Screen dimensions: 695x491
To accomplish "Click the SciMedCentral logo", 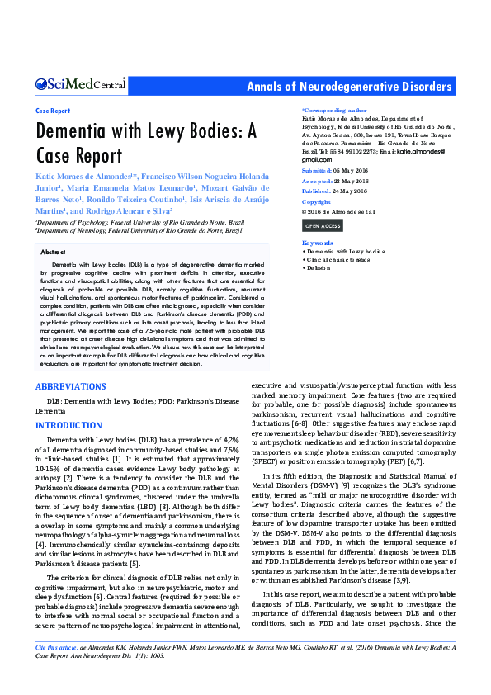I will [x=80, y=84].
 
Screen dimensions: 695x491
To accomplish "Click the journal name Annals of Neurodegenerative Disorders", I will [x=350, y=87].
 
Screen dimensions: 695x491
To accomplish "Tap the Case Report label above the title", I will [x=53, y=110].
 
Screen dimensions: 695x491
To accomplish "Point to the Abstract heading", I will [x=53, y=251].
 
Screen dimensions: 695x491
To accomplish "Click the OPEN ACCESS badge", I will [x=322, y=225].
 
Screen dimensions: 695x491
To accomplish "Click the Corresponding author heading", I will [x=334, y=110].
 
